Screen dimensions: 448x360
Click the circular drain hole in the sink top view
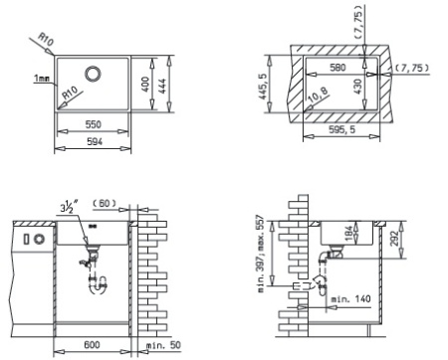(x=93, y=74)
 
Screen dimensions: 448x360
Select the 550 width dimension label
(x=94, y=124)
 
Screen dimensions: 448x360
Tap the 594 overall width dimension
(x=95, y=141)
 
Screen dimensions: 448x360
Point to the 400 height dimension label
(x=145, y=85)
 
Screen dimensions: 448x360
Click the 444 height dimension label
(x=161, y=85)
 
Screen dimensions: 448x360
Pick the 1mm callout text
(x=42, y=79)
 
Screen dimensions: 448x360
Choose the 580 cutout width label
(x=337, y=68)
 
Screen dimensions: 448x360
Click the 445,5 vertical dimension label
(x=262, y=87)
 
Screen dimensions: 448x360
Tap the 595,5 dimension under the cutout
(x=341, y=129)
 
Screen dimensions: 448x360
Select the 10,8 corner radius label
(x=318, y=95)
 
